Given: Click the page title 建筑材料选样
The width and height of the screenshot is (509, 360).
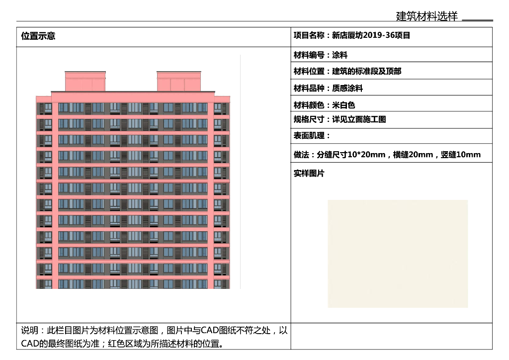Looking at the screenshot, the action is [426, 16].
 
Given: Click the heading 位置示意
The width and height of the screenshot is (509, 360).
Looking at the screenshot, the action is [38, 36].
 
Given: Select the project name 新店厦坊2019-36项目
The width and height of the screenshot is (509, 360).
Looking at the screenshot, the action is [371, 35].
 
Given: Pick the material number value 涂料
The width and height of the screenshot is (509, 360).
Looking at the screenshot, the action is [340, 55].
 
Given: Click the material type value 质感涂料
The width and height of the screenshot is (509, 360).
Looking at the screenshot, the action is [348, 89].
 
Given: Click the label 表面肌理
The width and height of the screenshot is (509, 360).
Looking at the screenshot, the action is [310, 136].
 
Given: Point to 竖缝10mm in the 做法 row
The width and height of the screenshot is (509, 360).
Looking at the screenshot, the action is [461, 155].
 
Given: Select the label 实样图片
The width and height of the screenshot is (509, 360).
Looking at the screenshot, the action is [309, 174].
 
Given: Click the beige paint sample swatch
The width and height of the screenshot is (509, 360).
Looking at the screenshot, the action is [398, 254].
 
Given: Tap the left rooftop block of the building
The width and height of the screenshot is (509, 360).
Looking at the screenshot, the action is [85, 82].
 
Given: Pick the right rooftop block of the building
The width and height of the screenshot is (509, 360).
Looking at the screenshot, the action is [179, 82].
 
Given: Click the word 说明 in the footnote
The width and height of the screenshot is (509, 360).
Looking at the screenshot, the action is [29, 331].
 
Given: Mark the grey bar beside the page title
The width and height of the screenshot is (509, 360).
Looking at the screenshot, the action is [477, 20].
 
